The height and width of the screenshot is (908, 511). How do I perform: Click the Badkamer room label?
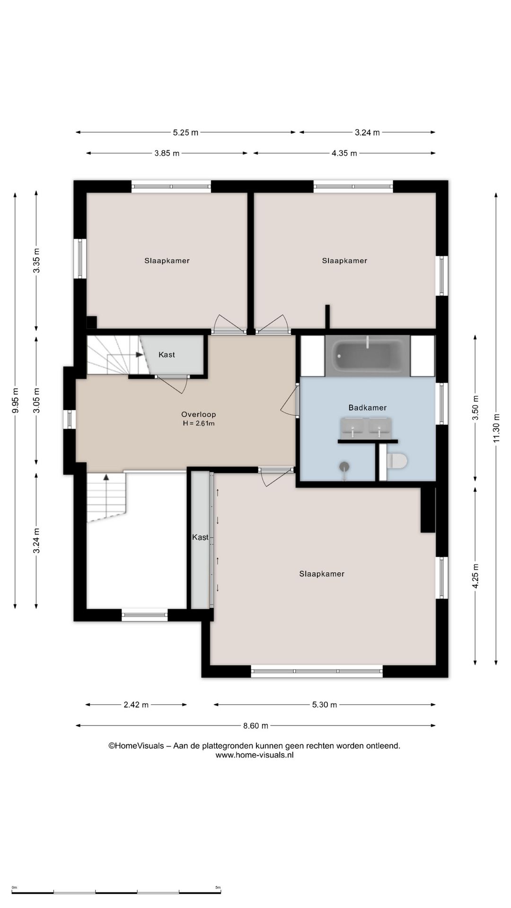[x=368, y=408]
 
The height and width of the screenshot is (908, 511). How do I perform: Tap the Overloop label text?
[x=199, y=414]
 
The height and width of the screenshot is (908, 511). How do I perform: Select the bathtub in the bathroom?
[x=368, y=356]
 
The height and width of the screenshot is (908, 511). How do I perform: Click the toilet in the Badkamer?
[x=397, y=461]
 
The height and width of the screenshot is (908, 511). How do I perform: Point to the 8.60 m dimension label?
[x=255, y=725]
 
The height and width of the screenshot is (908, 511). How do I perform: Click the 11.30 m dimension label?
[x=496, y=428]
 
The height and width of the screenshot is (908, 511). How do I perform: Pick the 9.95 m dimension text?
[x=15, y=401]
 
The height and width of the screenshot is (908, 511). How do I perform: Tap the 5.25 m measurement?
[x=185, y=132]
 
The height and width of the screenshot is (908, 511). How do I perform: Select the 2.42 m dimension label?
[x=136, y=705]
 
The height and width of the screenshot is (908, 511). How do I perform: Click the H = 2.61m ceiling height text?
[x=199, y=424]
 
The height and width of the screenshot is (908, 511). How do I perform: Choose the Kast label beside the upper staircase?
[x=167, y=355]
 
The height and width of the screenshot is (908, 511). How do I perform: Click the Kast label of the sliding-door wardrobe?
[x=200, y=537]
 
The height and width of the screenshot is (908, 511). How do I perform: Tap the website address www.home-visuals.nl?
[x=255, y=755]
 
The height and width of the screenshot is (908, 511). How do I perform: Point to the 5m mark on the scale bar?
[x=218, y=888]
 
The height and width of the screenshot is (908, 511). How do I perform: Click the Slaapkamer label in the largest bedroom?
[x=322, y=574]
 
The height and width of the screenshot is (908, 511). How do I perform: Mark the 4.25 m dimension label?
[x=476, y=576]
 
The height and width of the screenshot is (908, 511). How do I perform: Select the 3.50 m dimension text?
[x=476, y=408]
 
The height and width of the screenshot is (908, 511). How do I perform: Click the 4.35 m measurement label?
[x=344, y=153]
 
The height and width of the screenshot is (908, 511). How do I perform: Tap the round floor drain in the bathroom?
[x=344, y=466]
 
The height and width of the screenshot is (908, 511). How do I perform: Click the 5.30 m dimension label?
[x=325, y=705]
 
